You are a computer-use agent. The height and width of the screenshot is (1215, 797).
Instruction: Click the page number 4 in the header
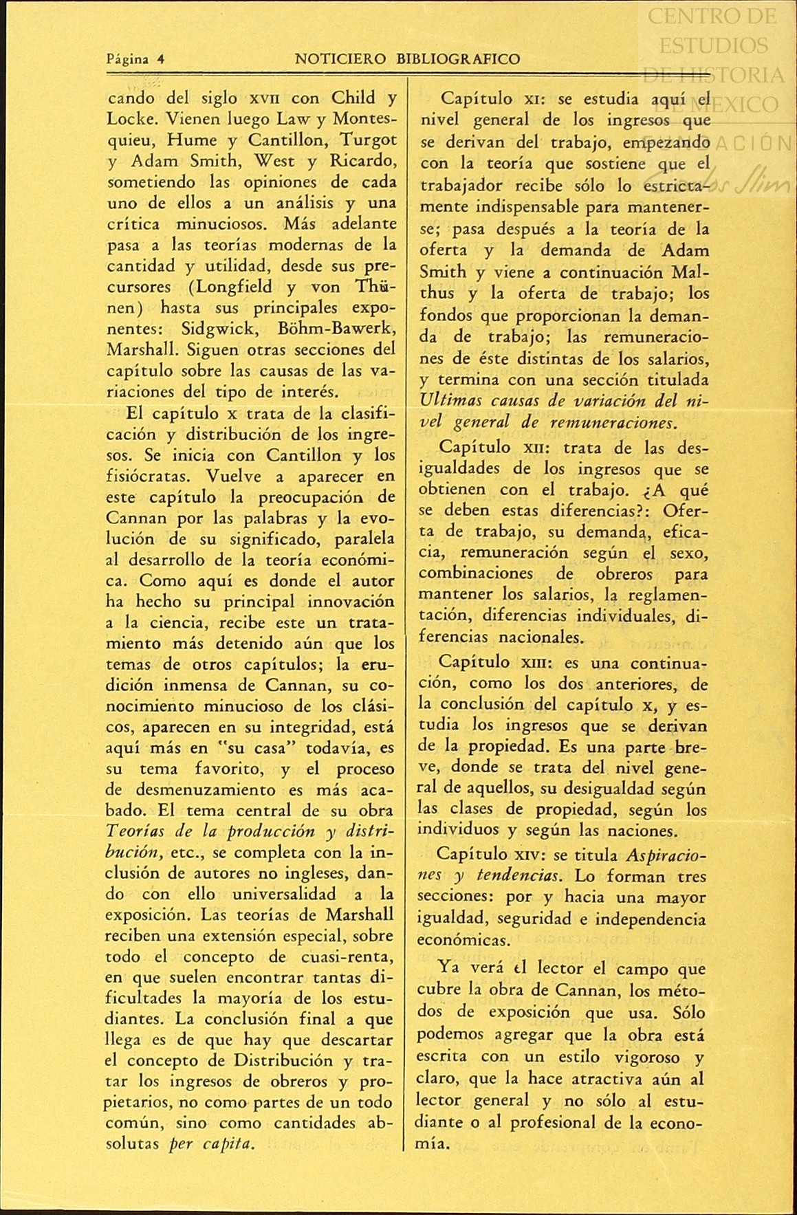pos(160,59)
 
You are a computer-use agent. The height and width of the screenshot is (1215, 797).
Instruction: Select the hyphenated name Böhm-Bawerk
pos(347,328)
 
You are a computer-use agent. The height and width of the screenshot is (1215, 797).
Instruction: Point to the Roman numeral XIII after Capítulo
pos(535,664)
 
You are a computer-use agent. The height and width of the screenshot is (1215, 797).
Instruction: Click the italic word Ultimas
pos(450,400)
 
